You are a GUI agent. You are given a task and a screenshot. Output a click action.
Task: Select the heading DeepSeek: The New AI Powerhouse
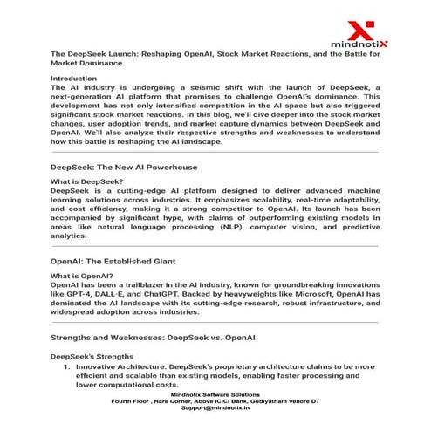(124, 166)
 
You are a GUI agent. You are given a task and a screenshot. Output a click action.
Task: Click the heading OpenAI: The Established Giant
(115, 261)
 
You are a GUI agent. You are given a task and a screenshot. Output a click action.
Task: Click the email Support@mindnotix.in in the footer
(215, 408)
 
